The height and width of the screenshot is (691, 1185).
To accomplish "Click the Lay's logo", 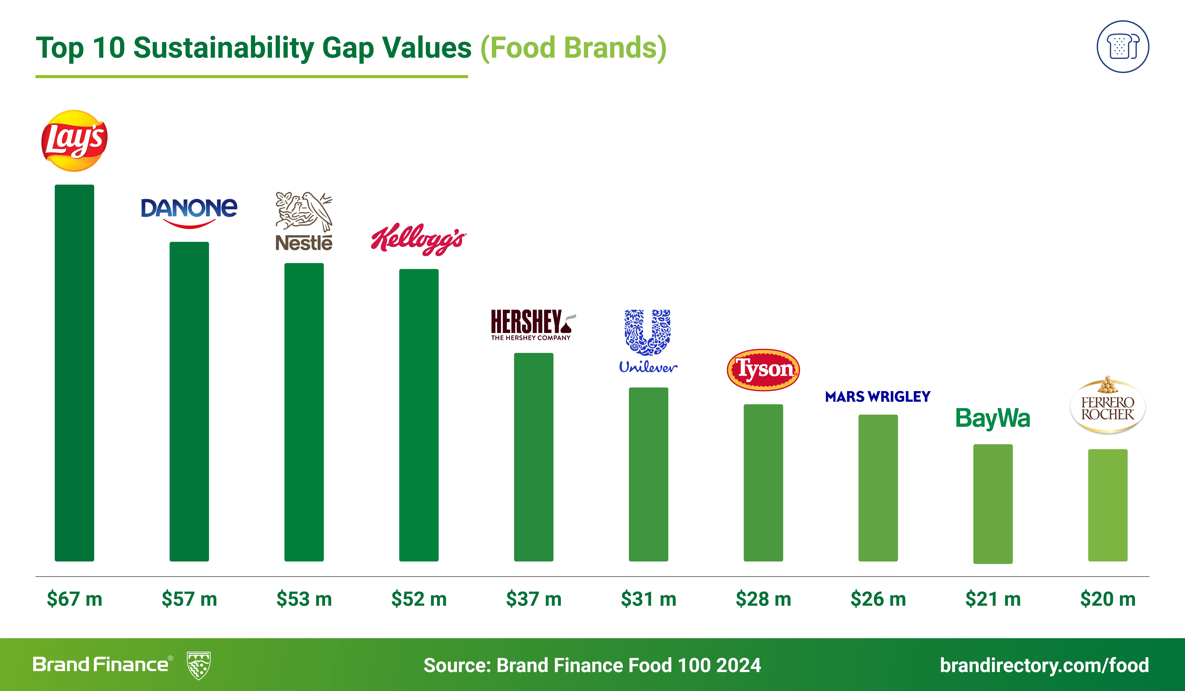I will coord(74,140).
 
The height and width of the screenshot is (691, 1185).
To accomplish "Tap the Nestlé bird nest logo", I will coord(304,221).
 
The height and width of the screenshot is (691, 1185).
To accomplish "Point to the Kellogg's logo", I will coord(419,239).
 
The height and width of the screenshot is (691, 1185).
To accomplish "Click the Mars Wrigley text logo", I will coord(877,397).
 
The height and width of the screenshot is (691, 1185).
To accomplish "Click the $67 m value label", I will coord(74,599).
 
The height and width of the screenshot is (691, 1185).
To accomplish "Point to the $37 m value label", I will coord(533,599).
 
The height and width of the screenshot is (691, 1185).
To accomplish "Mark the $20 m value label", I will coord(1107,599).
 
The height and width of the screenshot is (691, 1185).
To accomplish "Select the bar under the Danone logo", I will coord(189,402).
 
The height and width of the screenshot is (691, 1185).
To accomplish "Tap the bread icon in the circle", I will coord(1123,47).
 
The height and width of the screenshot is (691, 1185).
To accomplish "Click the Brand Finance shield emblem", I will coord(198,665).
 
